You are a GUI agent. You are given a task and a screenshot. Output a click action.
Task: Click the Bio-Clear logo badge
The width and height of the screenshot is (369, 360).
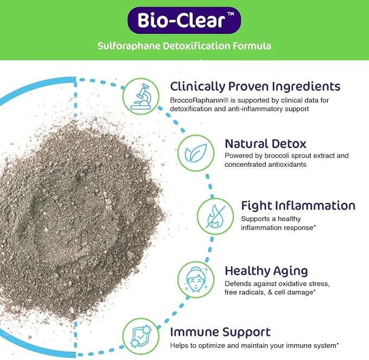[184, 21]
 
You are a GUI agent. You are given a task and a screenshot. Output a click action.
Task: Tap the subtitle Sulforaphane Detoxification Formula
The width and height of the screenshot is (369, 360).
[184, 46]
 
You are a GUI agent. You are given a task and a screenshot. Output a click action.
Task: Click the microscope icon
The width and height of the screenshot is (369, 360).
[140, 96]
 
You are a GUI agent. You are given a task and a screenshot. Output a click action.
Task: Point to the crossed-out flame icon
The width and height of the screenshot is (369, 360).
[214, 216]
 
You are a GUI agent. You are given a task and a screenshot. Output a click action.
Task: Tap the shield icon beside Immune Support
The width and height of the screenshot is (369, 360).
[140, 336]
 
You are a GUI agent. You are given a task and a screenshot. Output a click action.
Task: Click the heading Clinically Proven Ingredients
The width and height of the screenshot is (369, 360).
[255, 86]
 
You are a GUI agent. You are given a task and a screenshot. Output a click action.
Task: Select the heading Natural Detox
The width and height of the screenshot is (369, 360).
[265, 144]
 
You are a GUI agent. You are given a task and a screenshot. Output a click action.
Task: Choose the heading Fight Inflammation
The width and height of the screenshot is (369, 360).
[298, 206]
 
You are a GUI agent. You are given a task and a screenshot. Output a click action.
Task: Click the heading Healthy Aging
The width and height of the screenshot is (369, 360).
[266, 270]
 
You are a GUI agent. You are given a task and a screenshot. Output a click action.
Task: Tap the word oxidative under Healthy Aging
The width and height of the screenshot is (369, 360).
[295, 283]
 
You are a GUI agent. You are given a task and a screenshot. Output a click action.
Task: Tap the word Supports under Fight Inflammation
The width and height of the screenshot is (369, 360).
[256, 218]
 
